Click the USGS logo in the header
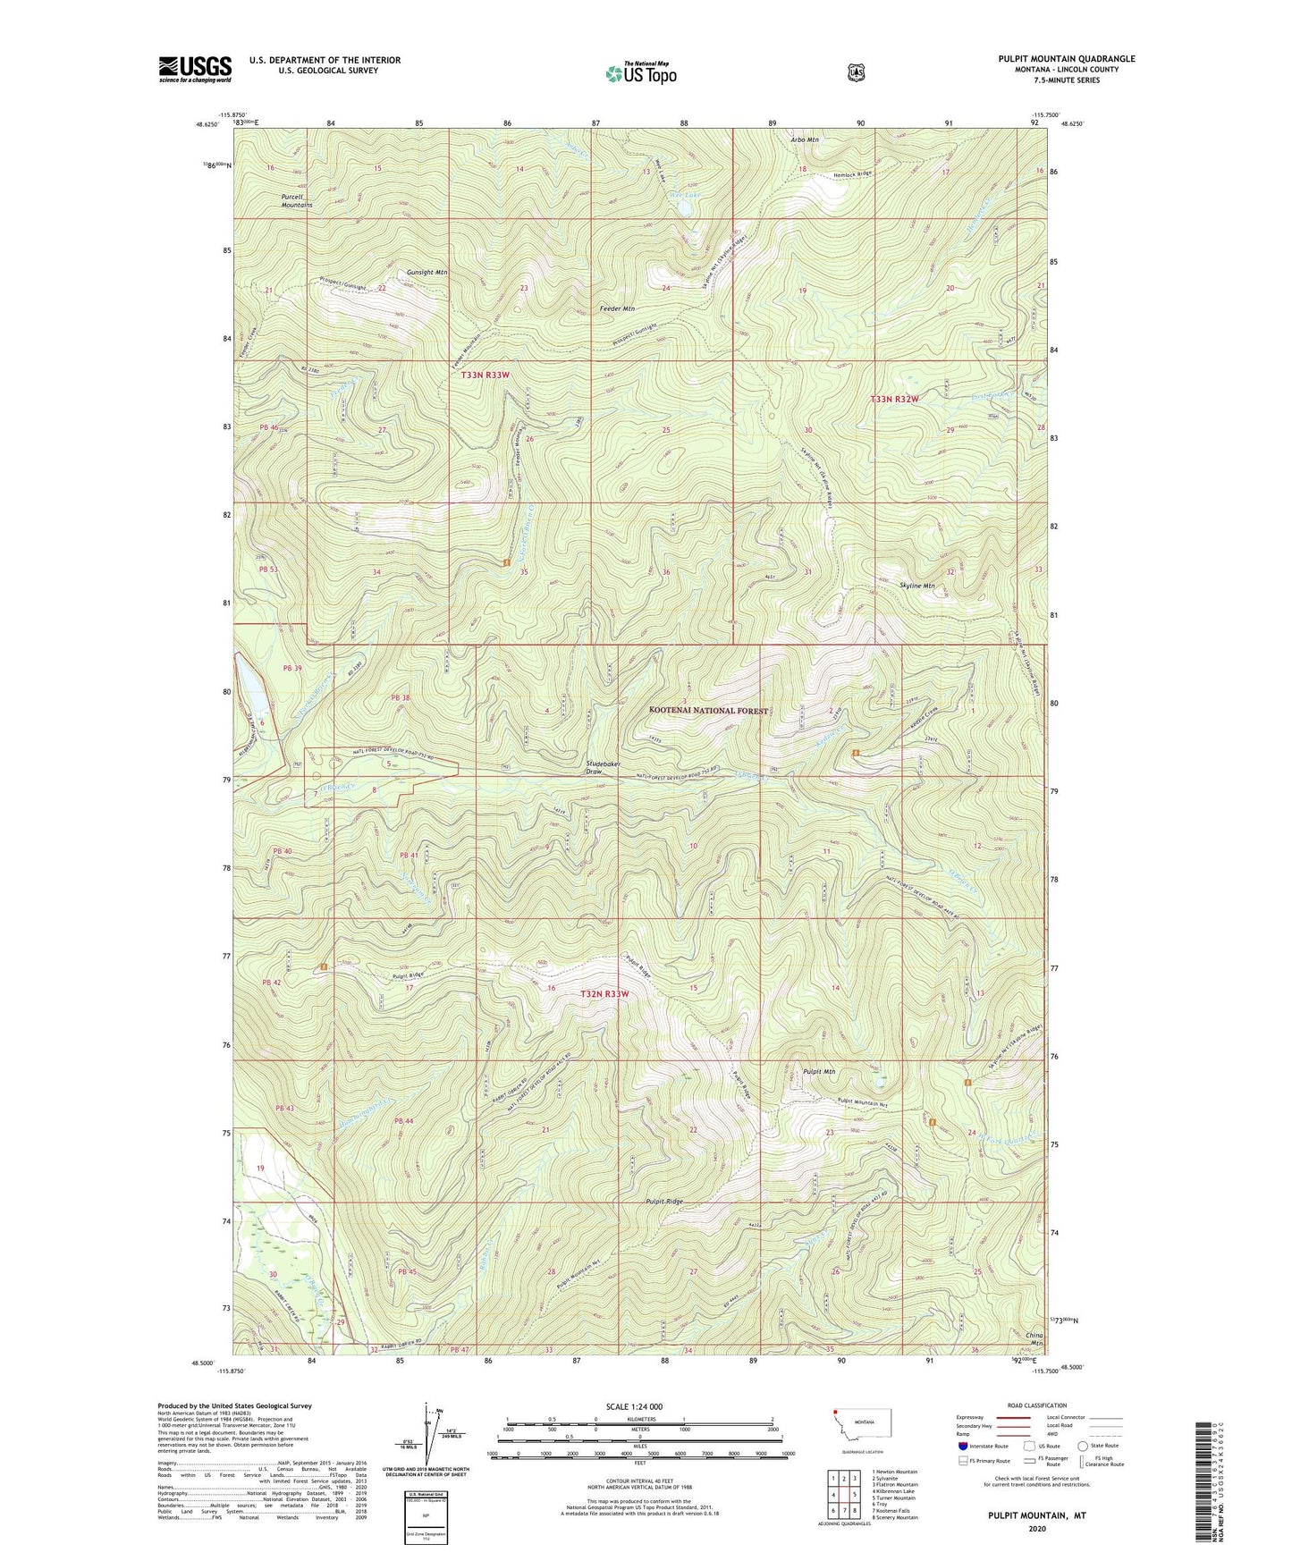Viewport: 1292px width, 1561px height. [195, 69]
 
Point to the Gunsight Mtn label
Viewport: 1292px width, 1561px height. [426, 272]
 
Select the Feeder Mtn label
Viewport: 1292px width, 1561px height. [617, 308]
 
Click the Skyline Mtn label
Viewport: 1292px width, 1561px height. [916, 586]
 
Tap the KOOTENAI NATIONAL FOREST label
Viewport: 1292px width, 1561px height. [708, 710]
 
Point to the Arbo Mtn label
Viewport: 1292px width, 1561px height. [805, 140]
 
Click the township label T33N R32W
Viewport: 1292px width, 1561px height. [894, 399]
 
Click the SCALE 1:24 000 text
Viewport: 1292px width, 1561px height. [634, 1406]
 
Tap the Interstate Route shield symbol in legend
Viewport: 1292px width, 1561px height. [962, 1446]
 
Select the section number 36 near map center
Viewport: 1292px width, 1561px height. [666, 572]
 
